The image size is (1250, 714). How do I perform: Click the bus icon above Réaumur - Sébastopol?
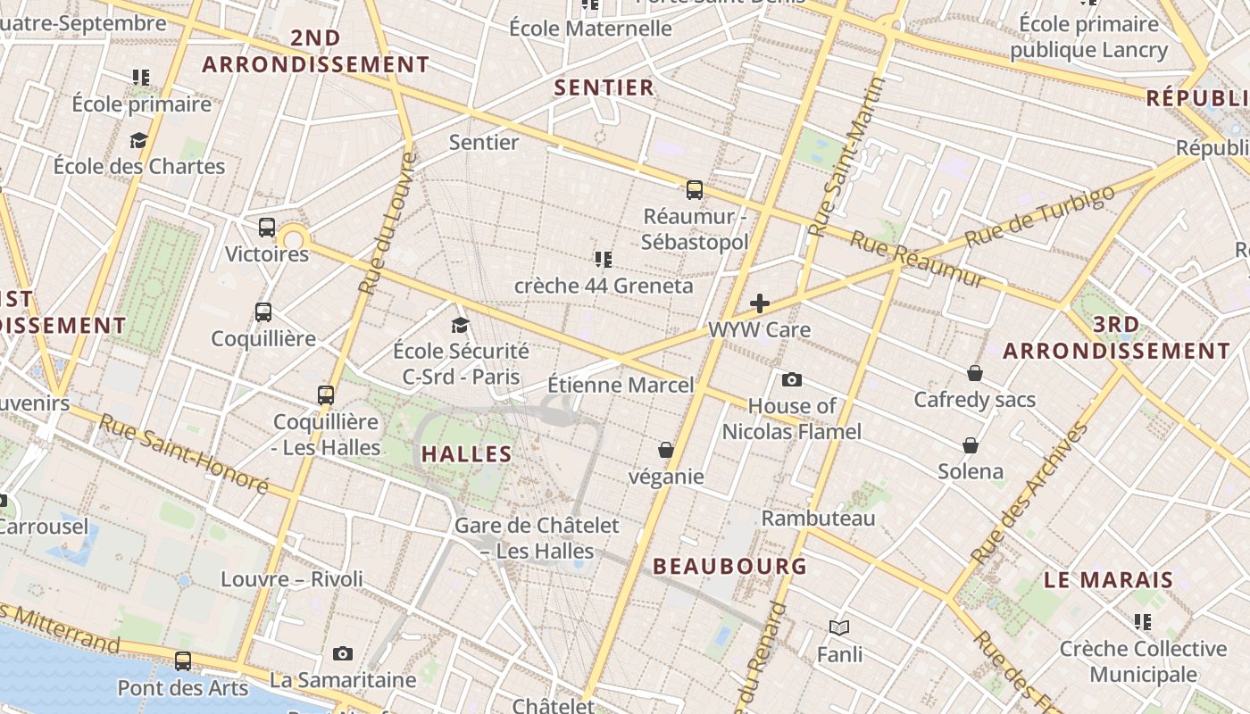[x=695, y=189]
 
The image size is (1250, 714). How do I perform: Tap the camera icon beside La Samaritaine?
[x=342, y=654]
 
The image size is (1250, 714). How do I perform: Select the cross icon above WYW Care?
[x=760, y=303]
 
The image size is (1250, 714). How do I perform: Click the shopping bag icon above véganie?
[x=666, y=450]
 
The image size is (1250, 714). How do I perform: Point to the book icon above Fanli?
[x=839, y=627]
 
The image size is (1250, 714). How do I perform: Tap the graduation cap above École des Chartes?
[x=138, y=140]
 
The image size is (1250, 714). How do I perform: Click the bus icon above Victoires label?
[x=267, y=228]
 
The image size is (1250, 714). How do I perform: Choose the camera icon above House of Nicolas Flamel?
[x=791, y=380]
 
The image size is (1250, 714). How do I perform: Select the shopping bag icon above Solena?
[x=971, y=444]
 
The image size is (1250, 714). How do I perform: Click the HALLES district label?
[x=467, y=453]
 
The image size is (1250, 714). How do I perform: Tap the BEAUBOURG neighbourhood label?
[x=730, y=566]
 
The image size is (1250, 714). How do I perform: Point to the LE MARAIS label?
[x=1109, y=580]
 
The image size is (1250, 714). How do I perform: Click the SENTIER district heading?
[x=604, y=87]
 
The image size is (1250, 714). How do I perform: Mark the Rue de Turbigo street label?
[x=1040, y=216]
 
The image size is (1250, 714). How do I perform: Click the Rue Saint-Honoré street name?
[x=183, y=453]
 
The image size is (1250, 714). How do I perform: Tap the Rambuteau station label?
[x=818, y=518]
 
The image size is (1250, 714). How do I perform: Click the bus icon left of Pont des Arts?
[x=183, y=661]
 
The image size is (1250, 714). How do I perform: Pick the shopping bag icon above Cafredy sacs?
[x=975, y=372]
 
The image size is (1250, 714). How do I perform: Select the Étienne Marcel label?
[x=621, y=385]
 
